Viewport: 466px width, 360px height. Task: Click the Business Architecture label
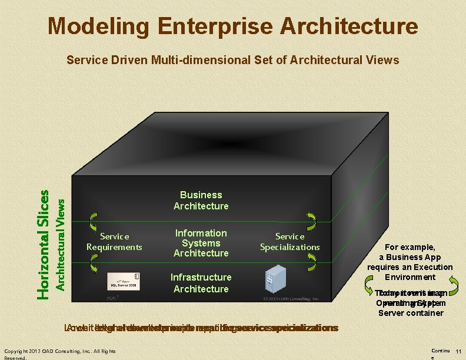[201, 200]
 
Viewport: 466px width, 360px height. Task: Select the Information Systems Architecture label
[201, 243]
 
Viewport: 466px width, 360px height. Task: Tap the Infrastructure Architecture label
[201, 282]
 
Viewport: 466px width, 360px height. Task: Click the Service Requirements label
[114, 241]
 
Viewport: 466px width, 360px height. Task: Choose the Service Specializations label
[289, 241]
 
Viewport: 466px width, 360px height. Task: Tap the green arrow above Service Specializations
[311, 222]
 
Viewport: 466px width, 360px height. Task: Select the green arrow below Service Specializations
[311, 264]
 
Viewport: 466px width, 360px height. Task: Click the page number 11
[458, 351]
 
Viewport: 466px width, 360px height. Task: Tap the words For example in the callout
[410, 247]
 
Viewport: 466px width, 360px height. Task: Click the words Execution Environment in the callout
[418, 272]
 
